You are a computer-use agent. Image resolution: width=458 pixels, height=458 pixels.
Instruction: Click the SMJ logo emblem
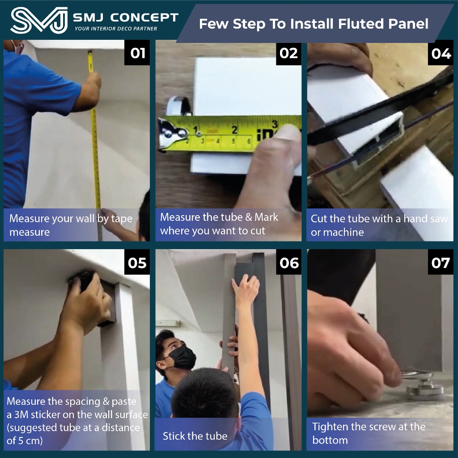click(39, 20)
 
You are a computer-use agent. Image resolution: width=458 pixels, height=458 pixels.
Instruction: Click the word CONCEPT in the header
click(144, 17)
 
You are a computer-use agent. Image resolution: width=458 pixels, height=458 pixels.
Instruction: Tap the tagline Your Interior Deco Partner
click(116, 29)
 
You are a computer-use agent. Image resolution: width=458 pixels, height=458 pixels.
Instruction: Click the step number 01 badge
click(137, 53)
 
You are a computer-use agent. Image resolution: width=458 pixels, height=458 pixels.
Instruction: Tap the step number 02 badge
click(288, 53)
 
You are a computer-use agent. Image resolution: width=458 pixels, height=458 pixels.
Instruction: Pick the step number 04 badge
click(441, 54)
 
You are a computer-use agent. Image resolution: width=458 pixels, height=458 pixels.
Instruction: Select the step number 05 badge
click(137, 263)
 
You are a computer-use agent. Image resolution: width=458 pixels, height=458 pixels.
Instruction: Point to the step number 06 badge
click(289, 263)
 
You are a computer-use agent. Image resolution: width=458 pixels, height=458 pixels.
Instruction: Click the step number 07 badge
click(441, 263)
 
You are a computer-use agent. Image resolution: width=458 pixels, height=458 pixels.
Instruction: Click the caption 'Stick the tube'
click(195, 436)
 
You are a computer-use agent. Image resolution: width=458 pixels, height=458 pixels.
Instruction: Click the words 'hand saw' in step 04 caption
click(426, 218)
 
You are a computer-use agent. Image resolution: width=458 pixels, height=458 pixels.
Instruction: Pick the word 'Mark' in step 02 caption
click(266, 217)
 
